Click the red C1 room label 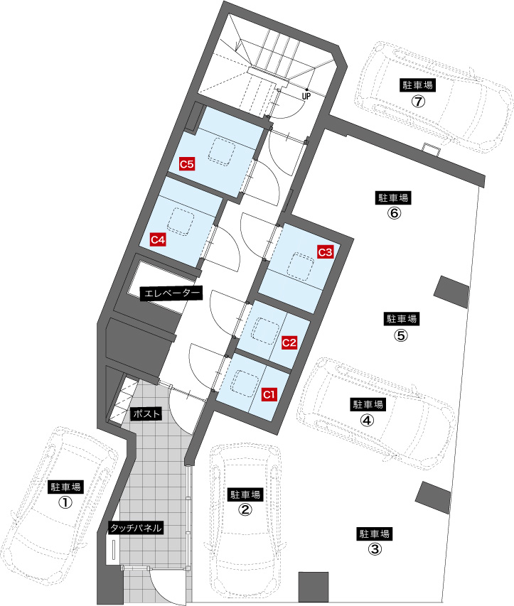click(269, 394)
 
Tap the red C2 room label click(289, 342)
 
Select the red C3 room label click(326, 252)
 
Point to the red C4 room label click(158, 239)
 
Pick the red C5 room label click(187, 164)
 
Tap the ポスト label click(146, 414)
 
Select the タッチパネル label click(135, 528)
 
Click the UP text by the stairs click(306, 96)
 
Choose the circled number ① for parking click(65, 502)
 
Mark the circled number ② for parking click(245, 510)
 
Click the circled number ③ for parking click(374, 548)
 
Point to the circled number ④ click(367, 420)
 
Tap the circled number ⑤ click(401, 335)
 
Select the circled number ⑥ click(394, 213)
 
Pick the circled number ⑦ click(418, 101)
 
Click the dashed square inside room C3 click(301, 266)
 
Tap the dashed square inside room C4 click(181, 222)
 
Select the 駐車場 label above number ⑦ click(418, 85)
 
